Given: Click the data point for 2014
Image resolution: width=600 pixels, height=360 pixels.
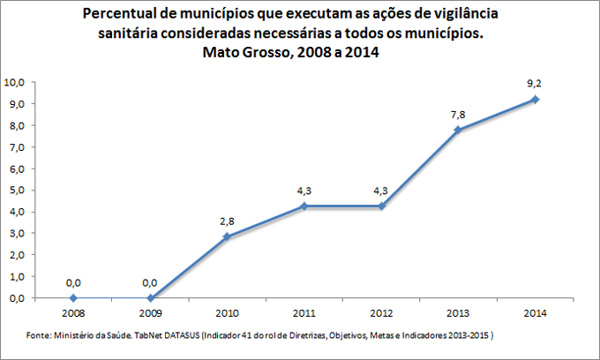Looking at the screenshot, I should [x=535, y=100].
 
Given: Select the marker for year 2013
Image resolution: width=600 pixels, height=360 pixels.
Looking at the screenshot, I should [x=458, y=130].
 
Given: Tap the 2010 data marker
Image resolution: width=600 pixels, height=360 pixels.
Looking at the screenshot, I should [x=227, y=236].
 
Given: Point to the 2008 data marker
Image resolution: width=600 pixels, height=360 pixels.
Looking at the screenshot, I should [x=73, y=298].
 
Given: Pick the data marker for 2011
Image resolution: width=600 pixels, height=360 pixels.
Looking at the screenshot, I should [x=304, y=206].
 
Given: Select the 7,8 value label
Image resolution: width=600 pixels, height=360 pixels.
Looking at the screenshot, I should [x=458, y=115].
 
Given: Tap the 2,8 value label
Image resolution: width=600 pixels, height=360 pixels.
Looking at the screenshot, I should [x=227, y=221].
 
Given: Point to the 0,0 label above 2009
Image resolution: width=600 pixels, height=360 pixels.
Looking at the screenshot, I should [x=150, y=282].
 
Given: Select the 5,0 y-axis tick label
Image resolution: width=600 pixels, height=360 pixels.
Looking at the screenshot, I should [x=17, y=191].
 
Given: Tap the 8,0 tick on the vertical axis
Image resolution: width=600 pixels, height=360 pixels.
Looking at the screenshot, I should [x=17, y=125].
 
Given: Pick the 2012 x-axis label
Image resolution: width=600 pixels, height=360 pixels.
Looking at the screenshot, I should [x=380, y=312].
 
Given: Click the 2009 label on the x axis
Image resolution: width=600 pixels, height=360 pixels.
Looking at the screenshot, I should [x=150, y=312].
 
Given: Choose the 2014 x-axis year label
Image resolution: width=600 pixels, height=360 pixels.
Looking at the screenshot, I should [x=535, y=312].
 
